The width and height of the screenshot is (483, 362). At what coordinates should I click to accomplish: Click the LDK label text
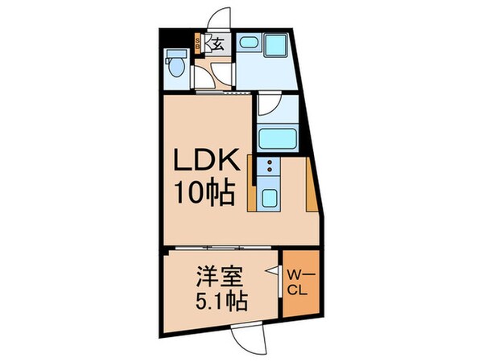tap(207, 159)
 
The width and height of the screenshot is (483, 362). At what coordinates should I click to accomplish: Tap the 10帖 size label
tap(205, 193)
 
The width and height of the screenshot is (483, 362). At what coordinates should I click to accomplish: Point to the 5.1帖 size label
tap(221, 301)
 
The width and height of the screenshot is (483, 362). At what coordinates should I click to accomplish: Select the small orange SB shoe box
tap(197, 44)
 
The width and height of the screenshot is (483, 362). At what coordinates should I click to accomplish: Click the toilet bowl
tap(177, 67)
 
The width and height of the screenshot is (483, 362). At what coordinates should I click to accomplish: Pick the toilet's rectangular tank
tap(176, 54)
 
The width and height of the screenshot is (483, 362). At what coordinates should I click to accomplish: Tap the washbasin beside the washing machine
tap(249, 42)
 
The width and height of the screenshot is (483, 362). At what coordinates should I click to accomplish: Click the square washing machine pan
tap(275, 45)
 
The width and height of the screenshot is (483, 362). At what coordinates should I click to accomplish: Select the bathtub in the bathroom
tap(278, 138)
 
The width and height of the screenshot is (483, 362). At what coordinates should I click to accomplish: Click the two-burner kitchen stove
tap(269, 167)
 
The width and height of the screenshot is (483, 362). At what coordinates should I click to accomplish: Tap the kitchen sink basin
tap(269, 198)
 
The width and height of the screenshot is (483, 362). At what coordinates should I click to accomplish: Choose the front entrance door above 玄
tap(219, 19)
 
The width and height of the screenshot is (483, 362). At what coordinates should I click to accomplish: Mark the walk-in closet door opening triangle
tap(275, 270)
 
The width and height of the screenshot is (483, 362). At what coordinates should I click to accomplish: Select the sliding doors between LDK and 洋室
tap(223, 248)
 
